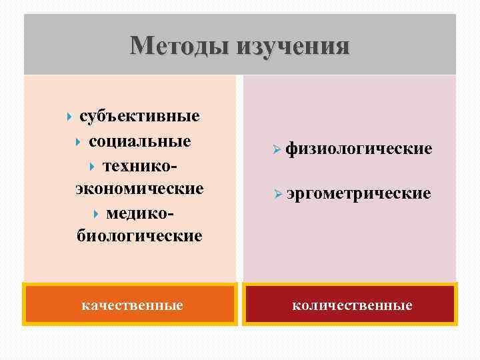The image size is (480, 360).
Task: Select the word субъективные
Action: coord(139,117)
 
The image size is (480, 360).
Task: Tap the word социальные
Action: coord(139,141)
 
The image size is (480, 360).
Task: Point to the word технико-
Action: coord(139,165)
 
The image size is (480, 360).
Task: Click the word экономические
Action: coord(139,189)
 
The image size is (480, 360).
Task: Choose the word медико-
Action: coord(139,213)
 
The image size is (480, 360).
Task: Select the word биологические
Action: coord(139,236)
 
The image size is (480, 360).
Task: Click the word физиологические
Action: coord(359,149)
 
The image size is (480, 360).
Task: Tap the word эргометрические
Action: coord(359,193)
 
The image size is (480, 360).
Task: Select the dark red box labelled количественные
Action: coord(349,304)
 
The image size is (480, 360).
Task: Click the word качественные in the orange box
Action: coord(132,305)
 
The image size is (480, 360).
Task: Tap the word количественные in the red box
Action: coord(352,305)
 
